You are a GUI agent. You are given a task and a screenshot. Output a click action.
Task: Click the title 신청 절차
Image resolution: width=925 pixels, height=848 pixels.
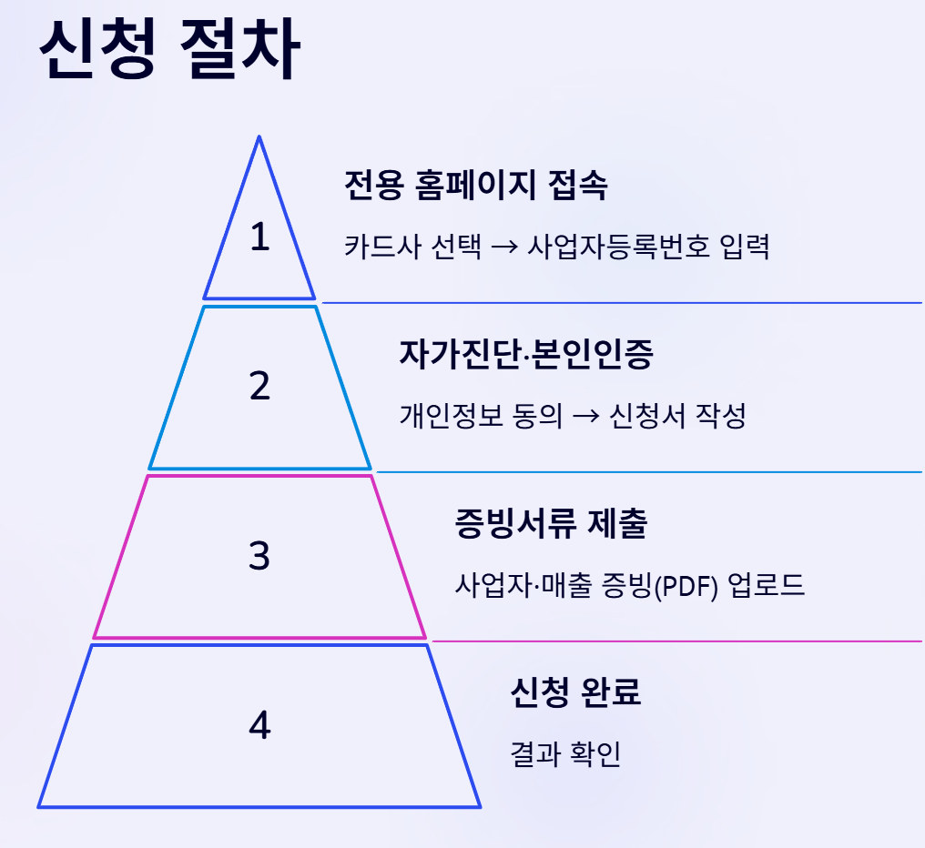[169, 52]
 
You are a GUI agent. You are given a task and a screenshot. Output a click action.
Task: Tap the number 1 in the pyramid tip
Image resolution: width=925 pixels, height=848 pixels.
[260, 237]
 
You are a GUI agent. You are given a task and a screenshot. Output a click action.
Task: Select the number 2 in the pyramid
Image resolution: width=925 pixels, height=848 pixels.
[260, 387]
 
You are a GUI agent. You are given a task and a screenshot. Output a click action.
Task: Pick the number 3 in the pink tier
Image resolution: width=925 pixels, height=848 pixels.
[260, 555]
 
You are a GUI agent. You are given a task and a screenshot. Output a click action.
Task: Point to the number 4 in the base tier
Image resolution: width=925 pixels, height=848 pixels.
[260, 725]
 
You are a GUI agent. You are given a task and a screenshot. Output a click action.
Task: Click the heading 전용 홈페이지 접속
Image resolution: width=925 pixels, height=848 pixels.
[475, 186]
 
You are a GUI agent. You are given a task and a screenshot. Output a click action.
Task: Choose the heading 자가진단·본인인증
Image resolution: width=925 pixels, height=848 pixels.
[526, 355]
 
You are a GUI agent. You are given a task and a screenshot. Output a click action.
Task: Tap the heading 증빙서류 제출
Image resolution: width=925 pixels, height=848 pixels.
[550, 524]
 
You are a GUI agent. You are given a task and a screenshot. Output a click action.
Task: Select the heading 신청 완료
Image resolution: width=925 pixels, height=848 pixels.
[575, 692]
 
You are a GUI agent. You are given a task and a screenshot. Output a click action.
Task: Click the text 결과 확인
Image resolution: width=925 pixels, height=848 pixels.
[565, 753]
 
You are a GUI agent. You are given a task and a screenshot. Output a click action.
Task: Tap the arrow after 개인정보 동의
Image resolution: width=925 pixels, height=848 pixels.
[587, 417]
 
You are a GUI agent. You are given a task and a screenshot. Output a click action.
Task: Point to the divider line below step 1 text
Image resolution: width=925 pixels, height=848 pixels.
[622, 302]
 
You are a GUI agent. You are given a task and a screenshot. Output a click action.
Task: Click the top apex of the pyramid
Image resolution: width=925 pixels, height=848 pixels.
[259, 138]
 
